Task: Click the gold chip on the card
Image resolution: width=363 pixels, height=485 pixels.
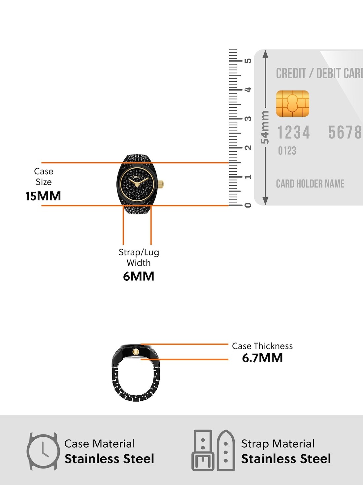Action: click(292, 103)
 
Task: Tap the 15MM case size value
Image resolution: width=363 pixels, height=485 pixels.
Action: click(43, 196)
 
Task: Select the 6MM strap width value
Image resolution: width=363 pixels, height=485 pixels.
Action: click(139, 276)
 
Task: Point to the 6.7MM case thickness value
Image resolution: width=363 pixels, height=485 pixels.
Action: click(262, 358)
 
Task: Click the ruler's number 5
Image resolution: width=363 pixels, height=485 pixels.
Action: click(248, 61)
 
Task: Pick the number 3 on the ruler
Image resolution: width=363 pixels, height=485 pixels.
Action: click(248, 119)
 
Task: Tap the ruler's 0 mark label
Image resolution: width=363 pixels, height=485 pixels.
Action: click(248, 205)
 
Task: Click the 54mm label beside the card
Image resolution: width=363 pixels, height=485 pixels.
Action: click(265, 127)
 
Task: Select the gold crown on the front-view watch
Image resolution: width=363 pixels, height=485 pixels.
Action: click(161, 183)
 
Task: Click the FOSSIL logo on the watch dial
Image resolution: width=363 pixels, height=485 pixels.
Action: click(137, 177)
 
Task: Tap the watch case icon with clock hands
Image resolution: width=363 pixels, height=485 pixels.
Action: click(43, 451)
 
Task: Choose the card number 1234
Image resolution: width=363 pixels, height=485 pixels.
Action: click(293, 132)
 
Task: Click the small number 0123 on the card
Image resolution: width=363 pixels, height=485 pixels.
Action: click(287, 151)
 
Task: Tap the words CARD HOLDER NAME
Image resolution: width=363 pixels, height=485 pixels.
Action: click(310, 183)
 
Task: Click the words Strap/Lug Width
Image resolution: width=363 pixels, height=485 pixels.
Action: click(139, 258)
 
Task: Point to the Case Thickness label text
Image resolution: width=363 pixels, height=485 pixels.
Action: click(262, 346)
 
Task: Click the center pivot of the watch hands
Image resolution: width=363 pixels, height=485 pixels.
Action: click(137, 184)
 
